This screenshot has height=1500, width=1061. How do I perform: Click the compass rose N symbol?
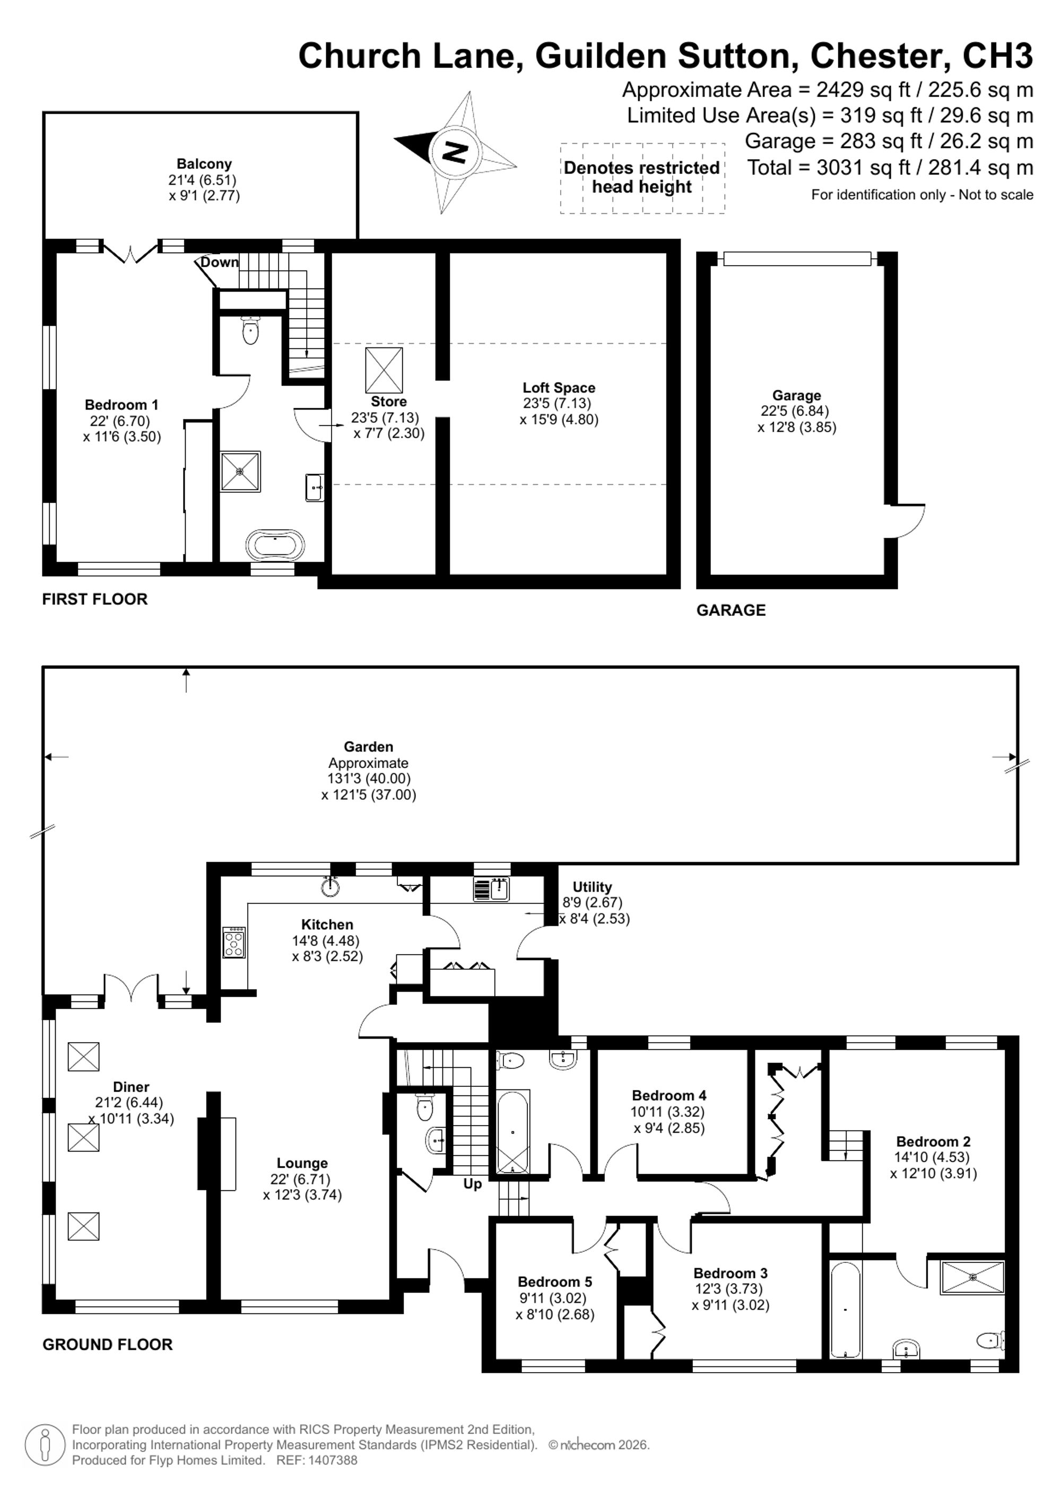pos(455,152)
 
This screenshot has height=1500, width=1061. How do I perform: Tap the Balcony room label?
pos(204,164)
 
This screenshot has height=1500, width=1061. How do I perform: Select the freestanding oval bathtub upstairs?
pos(275,544)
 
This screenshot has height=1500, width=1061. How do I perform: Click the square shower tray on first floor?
pos(240,470)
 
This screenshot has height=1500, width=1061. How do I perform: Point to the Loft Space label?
pos(559,387)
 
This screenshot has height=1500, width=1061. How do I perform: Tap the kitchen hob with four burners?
pos(234,942)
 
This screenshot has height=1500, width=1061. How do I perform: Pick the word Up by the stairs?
pos(472,1183)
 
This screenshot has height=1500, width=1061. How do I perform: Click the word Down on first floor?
pos(220,262)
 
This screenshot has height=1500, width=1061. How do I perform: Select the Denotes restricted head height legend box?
pos(642,178)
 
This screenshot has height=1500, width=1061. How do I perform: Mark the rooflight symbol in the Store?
pos(384,370)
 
